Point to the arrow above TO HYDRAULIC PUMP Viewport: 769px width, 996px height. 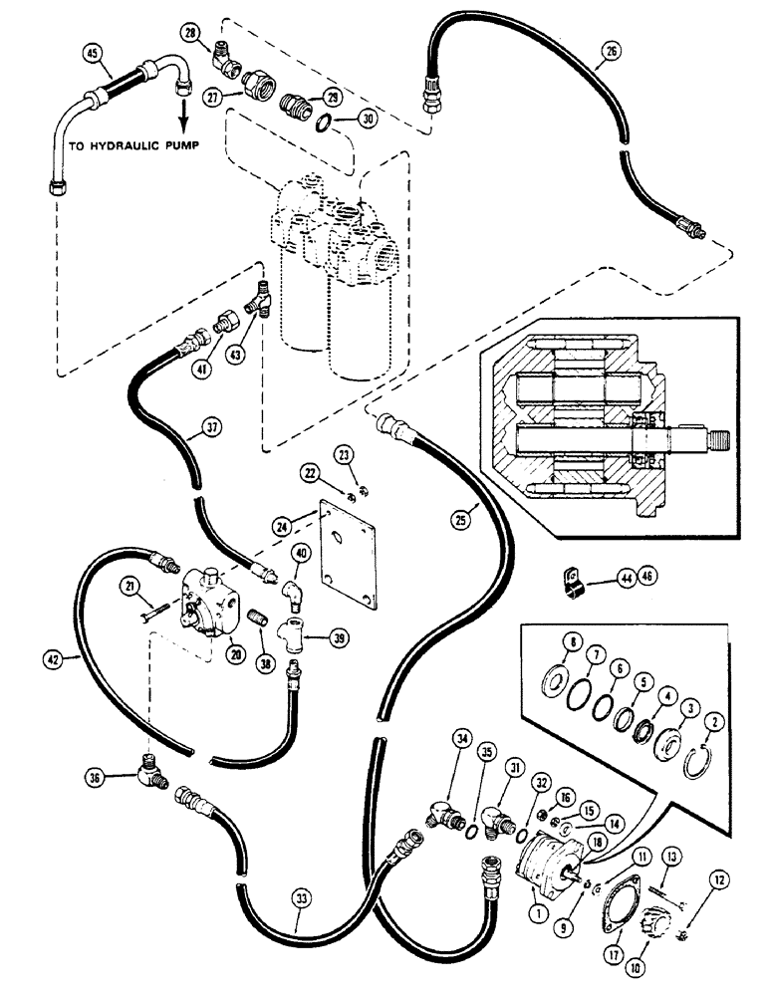(181, 110)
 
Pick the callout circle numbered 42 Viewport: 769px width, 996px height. (59, 656)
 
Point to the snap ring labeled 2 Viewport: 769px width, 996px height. (700, 763)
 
